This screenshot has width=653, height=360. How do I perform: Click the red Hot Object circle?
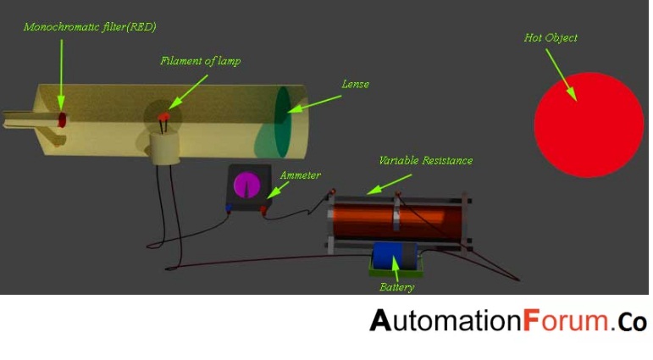click(589, 125)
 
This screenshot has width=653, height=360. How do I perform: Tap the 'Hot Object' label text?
click(551, 38)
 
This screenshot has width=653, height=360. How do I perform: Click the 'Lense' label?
click(355, 85)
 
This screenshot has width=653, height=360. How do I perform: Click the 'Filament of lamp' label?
click(200, 61)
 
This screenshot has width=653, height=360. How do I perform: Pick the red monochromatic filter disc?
click(61, 120)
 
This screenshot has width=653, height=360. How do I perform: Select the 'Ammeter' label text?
click(301, 175)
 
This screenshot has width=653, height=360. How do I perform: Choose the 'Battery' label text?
click(396, 287)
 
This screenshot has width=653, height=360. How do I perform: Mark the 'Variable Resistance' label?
click(425, 160)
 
